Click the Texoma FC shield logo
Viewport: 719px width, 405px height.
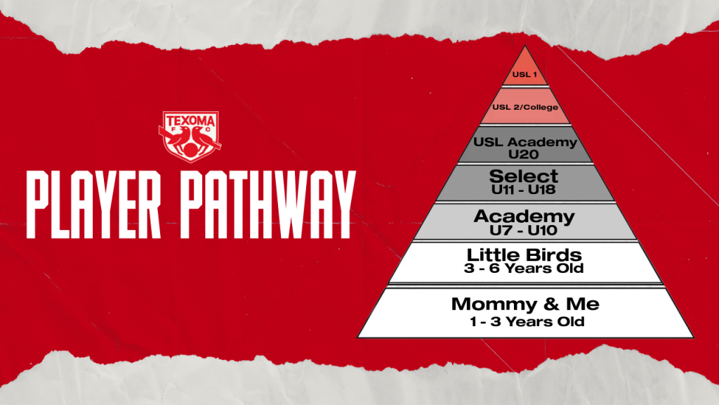[190, 137]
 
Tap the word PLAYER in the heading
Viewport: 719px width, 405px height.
[93, 205]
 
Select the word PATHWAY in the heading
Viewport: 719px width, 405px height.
[268, 205]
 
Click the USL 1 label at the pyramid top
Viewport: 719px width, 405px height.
[525, 75]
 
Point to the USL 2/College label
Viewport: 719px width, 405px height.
[525, 107]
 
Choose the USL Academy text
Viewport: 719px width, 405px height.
[525, 142]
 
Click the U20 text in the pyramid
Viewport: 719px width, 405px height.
[524, 154]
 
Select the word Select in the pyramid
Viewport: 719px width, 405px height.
[524, 176]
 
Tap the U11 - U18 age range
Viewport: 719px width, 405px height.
[524, 190]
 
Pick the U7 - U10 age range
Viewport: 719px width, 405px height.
[524, 230]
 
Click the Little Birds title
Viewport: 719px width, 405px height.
[524, 255]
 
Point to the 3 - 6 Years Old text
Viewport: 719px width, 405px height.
[524, 268]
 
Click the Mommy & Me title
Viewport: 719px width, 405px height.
[525, 304]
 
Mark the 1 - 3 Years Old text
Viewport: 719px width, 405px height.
[527, 321]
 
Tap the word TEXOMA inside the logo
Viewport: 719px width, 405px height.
[190, 121]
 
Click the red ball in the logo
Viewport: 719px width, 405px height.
[190, 150]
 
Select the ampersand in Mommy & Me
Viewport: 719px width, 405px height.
[551, 304]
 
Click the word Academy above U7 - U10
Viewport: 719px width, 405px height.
[524, 217]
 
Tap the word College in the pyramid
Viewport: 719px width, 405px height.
[541, 108]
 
